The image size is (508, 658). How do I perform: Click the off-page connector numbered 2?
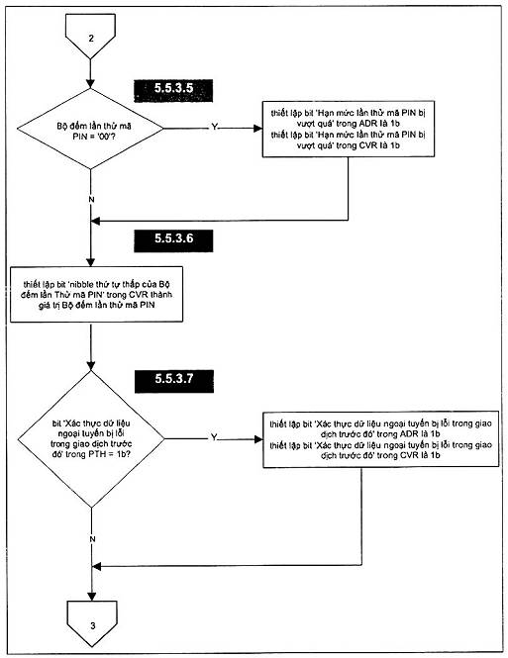(90, 35)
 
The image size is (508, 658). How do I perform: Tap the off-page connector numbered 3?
(92, 622)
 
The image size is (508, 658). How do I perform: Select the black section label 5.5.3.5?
(173, 90)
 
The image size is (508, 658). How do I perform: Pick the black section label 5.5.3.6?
(173, 240)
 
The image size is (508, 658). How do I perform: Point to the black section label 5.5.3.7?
(174, 381)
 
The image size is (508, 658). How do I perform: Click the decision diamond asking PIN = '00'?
(90, 129)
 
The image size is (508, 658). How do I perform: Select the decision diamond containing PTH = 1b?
(91, 439)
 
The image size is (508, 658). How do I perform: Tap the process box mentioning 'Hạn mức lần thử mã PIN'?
(349, 129)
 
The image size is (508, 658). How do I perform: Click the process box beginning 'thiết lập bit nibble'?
(97, 294)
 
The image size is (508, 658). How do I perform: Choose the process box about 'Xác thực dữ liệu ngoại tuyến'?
(381, 439)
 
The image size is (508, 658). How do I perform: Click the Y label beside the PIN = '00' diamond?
(214, 127)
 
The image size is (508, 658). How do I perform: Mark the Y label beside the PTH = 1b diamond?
(214, 437)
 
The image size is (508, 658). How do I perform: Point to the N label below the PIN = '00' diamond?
(91, 200)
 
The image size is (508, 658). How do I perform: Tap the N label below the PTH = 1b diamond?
(92, 539)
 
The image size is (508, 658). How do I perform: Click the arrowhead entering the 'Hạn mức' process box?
(257, 129)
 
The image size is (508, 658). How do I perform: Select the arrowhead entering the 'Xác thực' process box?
(258, 439)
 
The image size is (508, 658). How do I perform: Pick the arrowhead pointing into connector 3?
(92, 597)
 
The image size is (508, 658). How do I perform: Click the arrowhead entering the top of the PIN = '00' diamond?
(90, 83)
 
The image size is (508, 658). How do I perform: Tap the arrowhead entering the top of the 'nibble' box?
(91, 261)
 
